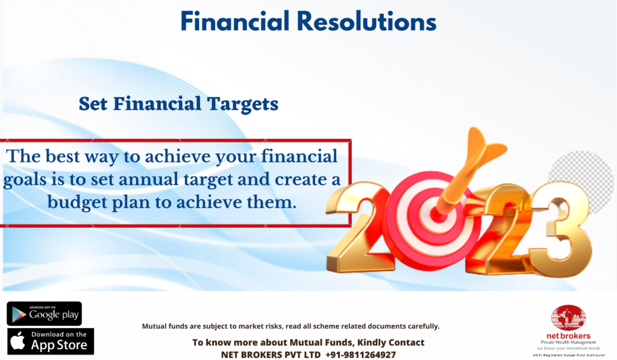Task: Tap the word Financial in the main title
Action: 235,21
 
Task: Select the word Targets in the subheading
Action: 243,104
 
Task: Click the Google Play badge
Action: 44,314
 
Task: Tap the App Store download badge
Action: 51,341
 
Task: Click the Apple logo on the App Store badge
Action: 17,341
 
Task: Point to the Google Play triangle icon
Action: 19,314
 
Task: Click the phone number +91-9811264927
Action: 360,355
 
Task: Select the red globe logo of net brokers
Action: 568,318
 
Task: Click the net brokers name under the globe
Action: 568,336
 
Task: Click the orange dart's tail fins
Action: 484,147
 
